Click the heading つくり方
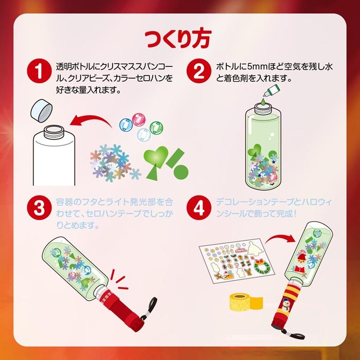tap(179, 39)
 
